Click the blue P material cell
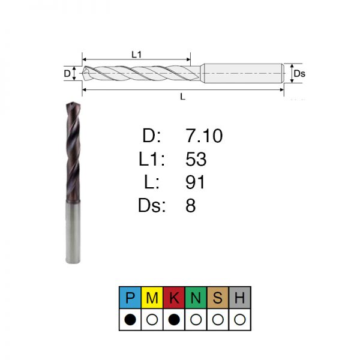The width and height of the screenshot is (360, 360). point(130,298)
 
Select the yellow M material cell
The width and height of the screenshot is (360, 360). point(152,298)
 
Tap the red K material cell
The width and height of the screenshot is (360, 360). point(174,298)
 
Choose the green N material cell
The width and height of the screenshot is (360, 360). point(196,298)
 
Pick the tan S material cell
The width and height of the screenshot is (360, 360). point(218,298)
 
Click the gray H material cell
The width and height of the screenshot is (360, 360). point(239,298)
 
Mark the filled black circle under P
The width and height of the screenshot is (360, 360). point(130,320)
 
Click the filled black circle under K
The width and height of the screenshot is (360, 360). point(174,320)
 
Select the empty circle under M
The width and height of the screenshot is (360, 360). point(152,320)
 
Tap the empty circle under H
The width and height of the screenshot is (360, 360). point(239,320)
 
